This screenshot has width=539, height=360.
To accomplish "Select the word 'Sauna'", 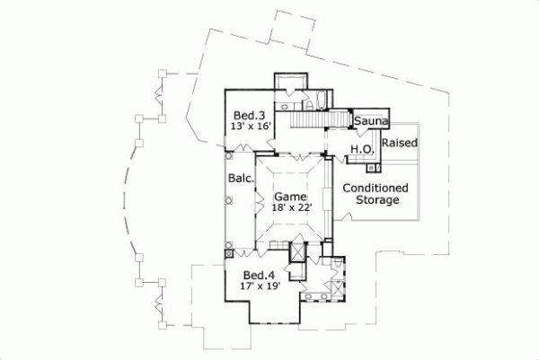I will [369, 121].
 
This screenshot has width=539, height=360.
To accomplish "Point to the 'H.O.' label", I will [361, 149].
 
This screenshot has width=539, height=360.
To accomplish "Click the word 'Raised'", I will [399, 143].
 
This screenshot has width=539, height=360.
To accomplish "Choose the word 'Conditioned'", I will [376, 188].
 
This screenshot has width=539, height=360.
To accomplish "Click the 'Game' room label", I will [290, 196].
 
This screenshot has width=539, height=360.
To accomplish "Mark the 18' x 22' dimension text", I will [290, 207].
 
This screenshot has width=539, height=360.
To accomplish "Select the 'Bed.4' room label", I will [259, 275].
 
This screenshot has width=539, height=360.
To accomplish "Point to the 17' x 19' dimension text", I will [260, 286].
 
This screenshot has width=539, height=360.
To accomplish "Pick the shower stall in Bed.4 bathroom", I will [337, 289].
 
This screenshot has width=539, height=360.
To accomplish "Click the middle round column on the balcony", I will [228, 203].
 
